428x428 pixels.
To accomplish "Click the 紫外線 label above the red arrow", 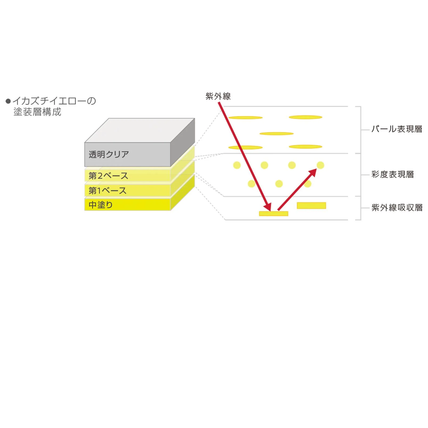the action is click(x=218, y=96).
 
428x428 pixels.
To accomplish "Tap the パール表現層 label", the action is click(x=397, y=129).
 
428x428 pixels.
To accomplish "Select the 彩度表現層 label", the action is click(x=393, y=174).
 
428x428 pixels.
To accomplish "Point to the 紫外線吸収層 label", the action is click(x=397, y=208).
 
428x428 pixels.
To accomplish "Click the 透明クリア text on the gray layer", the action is click(x=109, y=154).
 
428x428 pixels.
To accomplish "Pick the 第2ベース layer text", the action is click(x=108, y=176).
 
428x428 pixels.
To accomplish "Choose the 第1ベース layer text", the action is click(x=108, y=191).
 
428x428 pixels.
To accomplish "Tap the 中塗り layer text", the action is click(x=101, y=205).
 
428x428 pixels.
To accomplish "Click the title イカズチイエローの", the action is click(x=54, y=101).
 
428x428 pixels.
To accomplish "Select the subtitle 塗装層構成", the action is click(x=37, y=112).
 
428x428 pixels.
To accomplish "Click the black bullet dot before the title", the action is click(x=8, y=101).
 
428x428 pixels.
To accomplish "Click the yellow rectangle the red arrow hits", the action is click(x=274, y=213).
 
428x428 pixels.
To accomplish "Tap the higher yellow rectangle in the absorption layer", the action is click(x=311, y=205).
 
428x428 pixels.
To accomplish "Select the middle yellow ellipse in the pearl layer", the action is click(x=277, y=134).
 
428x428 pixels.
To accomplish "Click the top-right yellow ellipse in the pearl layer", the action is click(x=306, y=117).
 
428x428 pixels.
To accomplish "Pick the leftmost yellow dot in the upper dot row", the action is click(x=237, y=165).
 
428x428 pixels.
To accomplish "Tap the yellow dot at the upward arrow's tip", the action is click(x=320, y=165).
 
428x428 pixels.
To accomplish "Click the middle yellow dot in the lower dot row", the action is click(x=279, y=184).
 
